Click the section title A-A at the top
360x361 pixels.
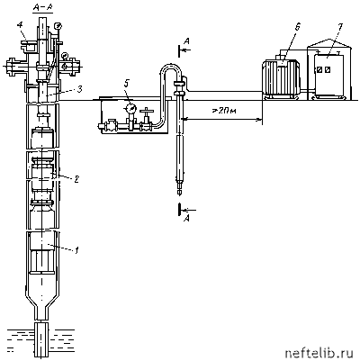coord(42,9)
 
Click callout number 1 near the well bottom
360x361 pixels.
coord(76,249)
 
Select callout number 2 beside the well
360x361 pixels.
coord(76,179)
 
